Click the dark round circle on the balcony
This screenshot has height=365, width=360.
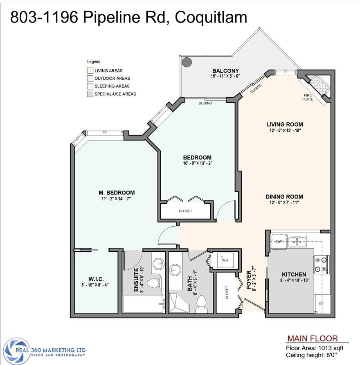[187, 62]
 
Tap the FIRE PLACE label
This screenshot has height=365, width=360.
[307, 97]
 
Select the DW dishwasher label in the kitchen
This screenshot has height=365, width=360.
[279, 241]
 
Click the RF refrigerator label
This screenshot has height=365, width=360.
[321, 304]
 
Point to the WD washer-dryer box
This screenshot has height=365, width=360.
[225, 260]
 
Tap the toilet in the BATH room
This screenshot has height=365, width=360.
[202, 304]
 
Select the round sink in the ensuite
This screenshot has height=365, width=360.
[159, 264]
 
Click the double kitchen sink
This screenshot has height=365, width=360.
[297, 241]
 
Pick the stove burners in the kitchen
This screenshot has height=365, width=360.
[321, 264]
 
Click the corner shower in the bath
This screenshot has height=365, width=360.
[178, 303]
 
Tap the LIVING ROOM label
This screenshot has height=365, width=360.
[285, 124]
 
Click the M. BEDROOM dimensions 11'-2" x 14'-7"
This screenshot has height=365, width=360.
[116, 199]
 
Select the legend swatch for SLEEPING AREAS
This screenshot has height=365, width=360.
[90, 86]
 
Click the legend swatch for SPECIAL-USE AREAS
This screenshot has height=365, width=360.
[90, 94]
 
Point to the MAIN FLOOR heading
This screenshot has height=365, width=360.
[312, 338]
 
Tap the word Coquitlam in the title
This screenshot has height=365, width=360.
[211, 17]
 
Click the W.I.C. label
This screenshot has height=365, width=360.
[96, 279]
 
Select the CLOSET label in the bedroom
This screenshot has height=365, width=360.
[185, 211]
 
